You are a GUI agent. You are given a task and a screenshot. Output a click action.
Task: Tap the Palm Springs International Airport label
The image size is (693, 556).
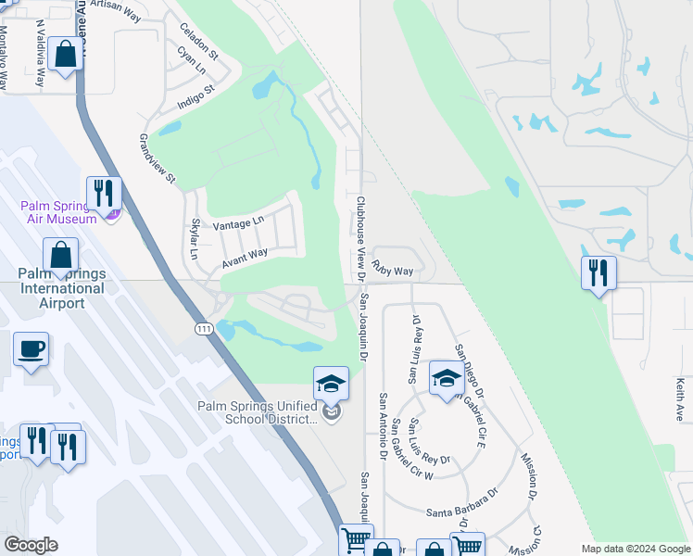61,288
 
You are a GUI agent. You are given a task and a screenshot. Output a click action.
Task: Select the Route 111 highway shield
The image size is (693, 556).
203,328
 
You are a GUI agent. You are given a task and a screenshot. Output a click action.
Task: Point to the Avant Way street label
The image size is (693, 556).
245,259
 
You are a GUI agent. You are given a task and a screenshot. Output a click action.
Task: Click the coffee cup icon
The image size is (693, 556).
31,349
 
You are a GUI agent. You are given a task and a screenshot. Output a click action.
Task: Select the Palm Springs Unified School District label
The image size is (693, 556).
257,411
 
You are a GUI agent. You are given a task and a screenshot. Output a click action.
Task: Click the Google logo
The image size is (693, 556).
31,545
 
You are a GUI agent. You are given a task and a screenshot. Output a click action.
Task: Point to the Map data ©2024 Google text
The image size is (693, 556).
635,549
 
